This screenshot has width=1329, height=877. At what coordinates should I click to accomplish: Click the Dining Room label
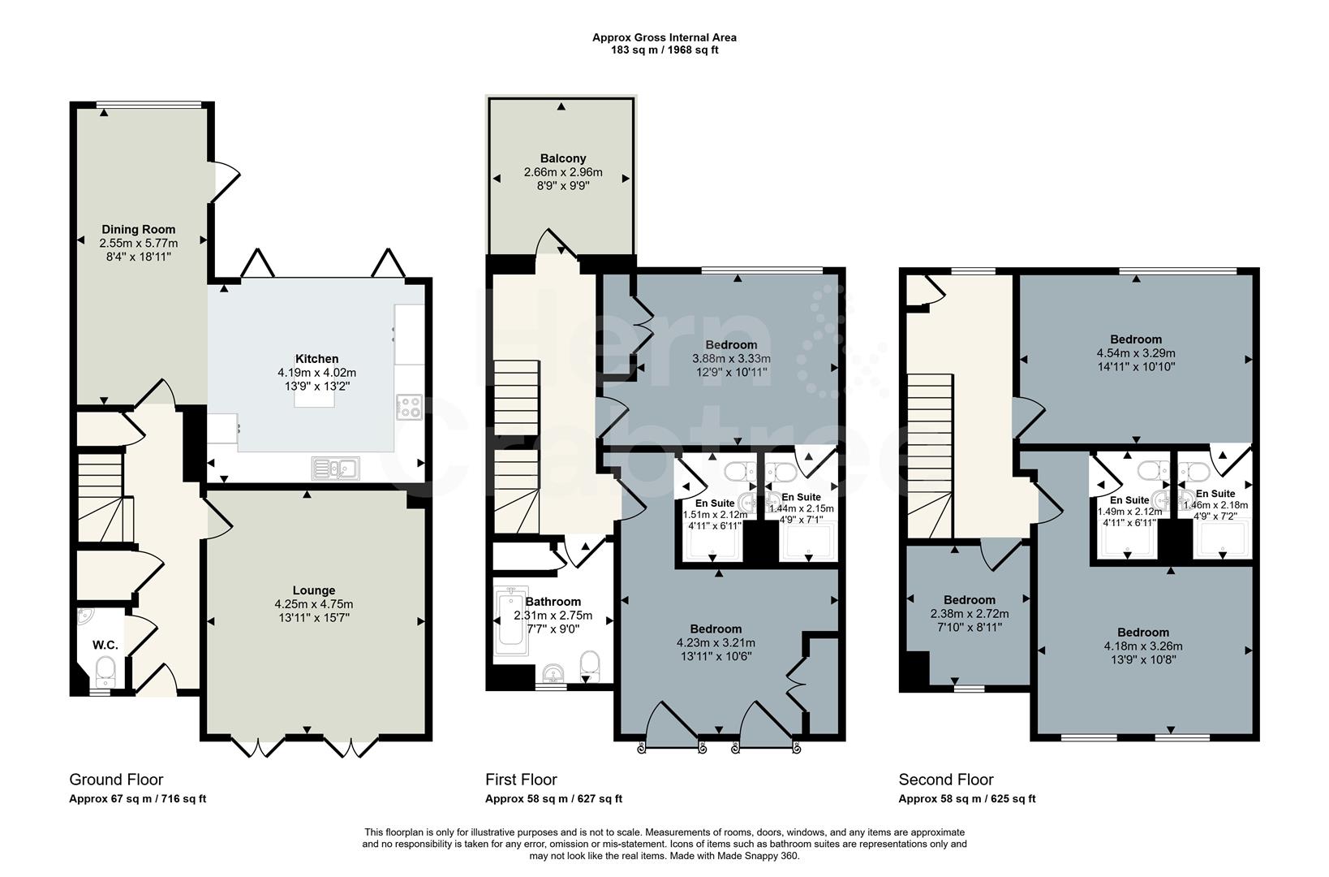[138, 229]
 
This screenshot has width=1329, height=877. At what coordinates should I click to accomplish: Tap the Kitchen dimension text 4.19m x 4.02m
[316, 373]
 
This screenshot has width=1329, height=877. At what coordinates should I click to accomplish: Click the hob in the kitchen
[408, 406]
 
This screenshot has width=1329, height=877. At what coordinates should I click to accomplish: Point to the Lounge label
[314, 590]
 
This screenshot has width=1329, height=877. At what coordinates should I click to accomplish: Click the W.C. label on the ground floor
[105, 645]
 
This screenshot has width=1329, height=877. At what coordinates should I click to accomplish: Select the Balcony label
[562, 158]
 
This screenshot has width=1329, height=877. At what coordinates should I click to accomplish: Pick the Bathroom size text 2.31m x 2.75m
[553, 616]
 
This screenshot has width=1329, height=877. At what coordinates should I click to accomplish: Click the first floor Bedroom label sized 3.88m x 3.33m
[731, 344]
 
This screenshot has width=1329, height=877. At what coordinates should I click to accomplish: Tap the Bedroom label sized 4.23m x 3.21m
[716, 629]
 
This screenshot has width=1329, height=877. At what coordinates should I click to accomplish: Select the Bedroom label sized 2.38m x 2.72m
[969, 599]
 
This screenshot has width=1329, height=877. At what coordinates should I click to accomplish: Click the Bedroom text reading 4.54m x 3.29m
[1135, 353]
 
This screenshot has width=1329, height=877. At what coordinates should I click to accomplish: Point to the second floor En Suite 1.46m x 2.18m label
[1215, 494]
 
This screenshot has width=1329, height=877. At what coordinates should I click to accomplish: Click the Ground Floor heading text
[116, 780]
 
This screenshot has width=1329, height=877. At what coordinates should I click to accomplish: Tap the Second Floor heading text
[945, 780]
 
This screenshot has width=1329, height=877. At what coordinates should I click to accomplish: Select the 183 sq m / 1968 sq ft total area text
[664, 50]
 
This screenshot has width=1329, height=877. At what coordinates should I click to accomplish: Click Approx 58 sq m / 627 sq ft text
[553, 798]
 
